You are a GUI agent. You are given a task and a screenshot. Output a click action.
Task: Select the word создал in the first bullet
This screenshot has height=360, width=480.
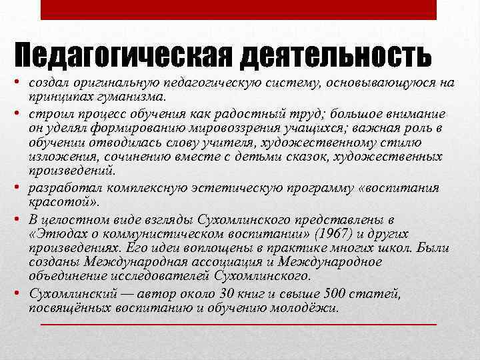[47, 83]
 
